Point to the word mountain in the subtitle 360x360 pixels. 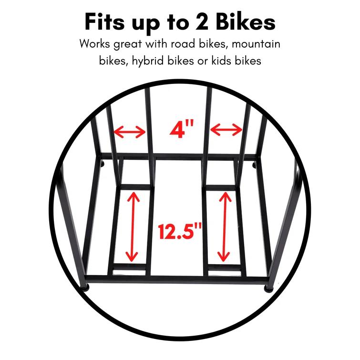tap(258, 44)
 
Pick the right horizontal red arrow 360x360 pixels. tap(226, 129)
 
